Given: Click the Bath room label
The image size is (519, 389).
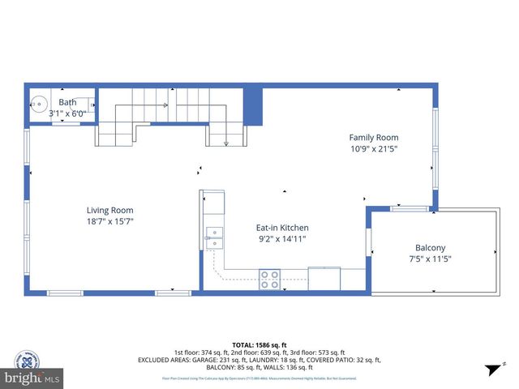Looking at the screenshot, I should click(x=67, y=102).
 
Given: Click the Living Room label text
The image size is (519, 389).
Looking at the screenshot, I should click(x=109, y=210).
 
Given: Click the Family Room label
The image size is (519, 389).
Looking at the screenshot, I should click(x=374, y=137).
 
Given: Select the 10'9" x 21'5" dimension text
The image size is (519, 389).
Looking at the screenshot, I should click(x=374, y=149).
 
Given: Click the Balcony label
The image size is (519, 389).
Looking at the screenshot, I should click(x=431, y=247).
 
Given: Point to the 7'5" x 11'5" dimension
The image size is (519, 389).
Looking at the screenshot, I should click(x=431, y=259).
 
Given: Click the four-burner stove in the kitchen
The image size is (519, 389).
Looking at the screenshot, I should click(x=270, y=279).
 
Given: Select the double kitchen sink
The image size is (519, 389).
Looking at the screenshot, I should click(x=215, y=237).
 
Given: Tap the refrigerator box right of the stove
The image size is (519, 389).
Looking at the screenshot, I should click(x=324, y=278).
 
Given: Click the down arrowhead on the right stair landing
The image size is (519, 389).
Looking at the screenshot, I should click(x=226, y=143).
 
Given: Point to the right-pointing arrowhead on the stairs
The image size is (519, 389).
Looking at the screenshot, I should click(x=165, y=105).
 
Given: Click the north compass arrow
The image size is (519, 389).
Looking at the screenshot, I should click(x=491, y=370).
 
